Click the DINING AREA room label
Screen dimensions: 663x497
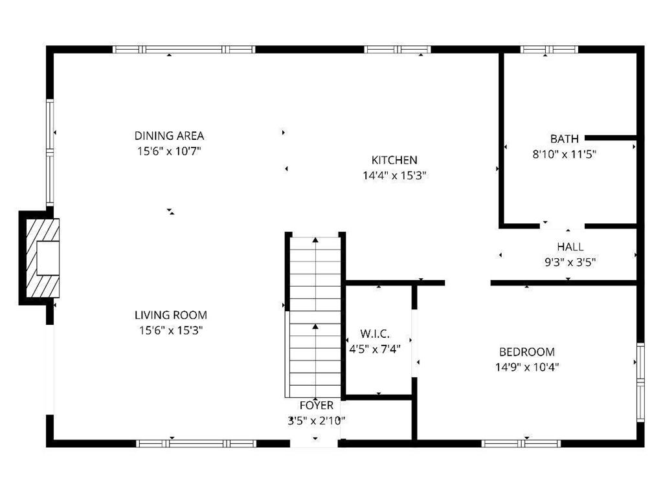pyautogui.click(x=169, y=136)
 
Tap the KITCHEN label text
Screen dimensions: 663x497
pyautogui.click(x=394, y=160)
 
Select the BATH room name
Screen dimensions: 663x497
pyautogui.click(x=564, y=138)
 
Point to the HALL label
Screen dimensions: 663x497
pyautogui.click(x=570, y=247)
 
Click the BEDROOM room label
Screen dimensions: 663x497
pyautogui.click(x=527, y=352)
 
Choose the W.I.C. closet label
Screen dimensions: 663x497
pyautogui.click(x=375, y=334)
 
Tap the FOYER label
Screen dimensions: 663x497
pyautogui.click(x=316, y=405)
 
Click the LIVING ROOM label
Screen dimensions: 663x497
pyautogui.click(x=171, y=315)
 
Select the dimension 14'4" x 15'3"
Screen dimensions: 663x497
pyautogui.click(x=394, y=175)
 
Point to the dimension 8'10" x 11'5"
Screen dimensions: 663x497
pyautogui.click(x=564, y=154)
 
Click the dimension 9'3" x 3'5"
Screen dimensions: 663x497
pyautogui.click(x=570, y=263)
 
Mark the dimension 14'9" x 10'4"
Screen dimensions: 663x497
pyautogui.click(x=527, y=368)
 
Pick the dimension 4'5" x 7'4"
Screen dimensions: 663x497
pyautogui.click(x=375, y=349)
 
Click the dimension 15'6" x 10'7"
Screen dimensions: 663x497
pyautogui.click(x=169, y=151)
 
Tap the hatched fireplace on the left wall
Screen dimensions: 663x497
pyautogui.click(x=43, y=258)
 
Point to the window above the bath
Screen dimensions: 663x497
pyautogui.click(x=549, y=49)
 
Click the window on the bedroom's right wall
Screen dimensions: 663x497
pyautogui.click(x=640, y=382)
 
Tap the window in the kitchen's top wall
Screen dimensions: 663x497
pyautogui.click(x=398, y=49)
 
